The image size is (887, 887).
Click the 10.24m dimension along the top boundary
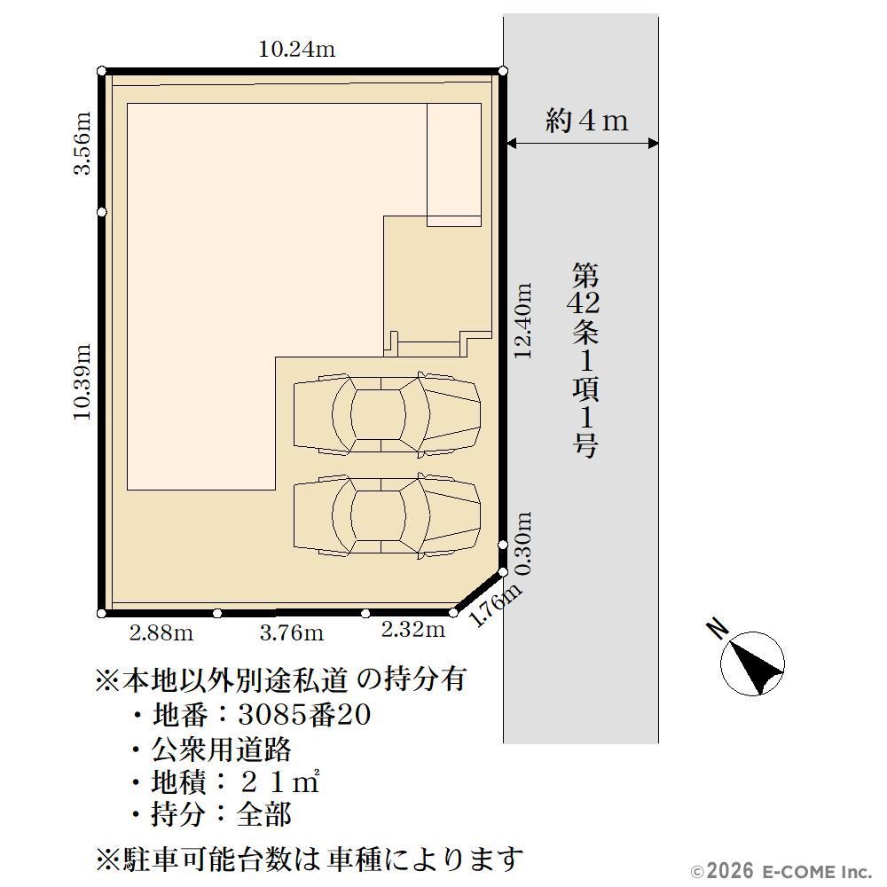pos(297,49)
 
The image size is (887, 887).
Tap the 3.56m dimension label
pos(82,144)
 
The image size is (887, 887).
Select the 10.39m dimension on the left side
pos(82,381)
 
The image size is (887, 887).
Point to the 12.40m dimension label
pos(523,321)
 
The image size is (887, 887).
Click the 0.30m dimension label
pos(523,544)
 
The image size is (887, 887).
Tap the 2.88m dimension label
pos(161,632)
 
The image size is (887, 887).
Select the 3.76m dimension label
pos(292,632)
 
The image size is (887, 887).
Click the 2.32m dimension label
pos(413,629)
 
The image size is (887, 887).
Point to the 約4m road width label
pos(586,121)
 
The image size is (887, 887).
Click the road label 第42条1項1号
pos(585,360)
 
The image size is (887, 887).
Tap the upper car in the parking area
pos(387,414)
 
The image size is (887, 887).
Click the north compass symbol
pos(753,663)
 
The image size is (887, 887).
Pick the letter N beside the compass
pos(718,629)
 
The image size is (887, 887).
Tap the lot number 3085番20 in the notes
pos(304,714)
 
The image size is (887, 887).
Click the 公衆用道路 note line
pos(221,750)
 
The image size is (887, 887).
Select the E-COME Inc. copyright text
pos(781,871)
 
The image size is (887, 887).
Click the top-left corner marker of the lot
pos(102,71)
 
